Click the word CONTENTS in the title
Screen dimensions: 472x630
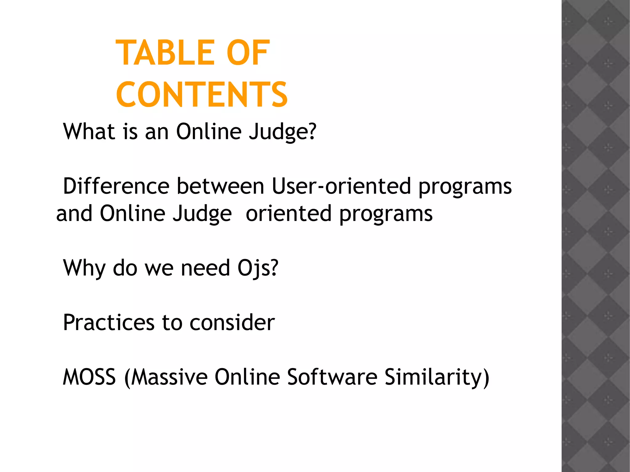[202, 95]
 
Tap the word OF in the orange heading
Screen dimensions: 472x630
[248, 53]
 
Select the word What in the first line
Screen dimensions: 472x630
[89, 132]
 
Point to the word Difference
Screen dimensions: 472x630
[116, 186]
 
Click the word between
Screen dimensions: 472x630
[220, 186]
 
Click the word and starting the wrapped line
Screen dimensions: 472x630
[74, 214]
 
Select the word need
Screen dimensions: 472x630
[205, 268]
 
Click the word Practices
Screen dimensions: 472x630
[109, 323]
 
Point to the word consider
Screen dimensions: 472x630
[232, 323]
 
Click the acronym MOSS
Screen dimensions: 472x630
[89, 377]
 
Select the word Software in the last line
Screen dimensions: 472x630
[332, 377]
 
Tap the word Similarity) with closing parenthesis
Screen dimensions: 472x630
[437, 378]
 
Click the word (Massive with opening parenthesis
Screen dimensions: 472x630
[166, 378]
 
